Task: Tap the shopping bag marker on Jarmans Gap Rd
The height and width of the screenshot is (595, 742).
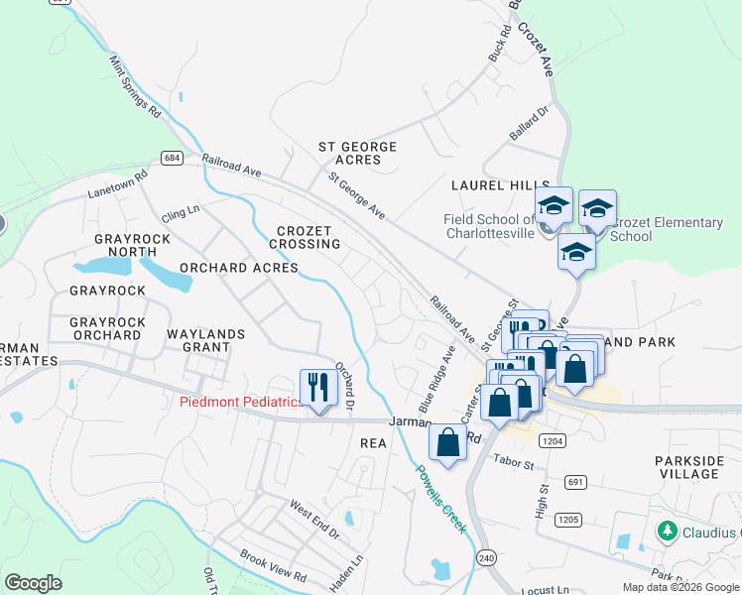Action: [x=447, y=442]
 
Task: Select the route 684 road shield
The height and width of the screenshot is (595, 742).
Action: [x=173, y=159]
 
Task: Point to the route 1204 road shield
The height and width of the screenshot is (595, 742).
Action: [x=553, y=438]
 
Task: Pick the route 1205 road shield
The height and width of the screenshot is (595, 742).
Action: [x=567, y=519]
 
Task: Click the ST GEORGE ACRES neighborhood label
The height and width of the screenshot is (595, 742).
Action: [x=357, y=153]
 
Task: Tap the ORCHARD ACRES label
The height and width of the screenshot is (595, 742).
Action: [x=238, y=268]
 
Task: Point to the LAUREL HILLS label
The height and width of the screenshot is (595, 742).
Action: [x=500, y=185]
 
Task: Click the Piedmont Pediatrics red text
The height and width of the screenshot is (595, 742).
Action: [x=240, y=402]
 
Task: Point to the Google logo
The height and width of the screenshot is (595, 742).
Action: [x=33, y=582]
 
